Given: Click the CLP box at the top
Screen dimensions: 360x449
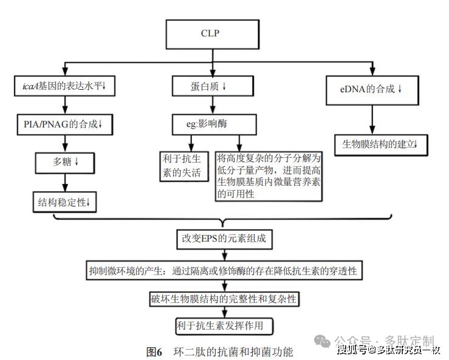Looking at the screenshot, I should click(x=210, y=34).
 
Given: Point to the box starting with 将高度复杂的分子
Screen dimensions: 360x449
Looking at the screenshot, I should click(x=269, y=176).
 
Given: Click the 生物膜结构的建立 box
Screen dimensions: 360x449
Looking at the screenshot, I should click(x=380, y=144).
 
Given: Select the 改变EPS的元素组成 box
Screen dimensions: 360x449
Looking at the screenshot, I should click(x=224, y=239).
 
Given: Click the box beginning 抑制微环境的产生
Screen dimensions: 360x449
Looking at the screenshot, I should click(x=224, y=270).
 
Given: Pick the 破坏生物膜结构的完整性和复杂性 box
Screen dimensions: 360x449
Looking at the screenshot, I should click(x=224, y=299).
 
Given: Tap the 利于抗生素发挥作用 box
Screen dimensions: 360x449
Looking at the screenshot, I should click(x=224, y=325).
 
